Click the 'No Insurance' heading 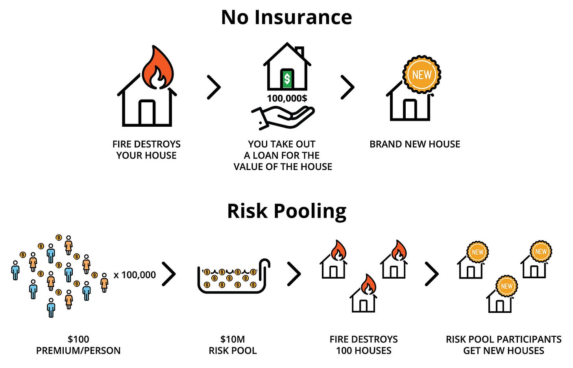286,18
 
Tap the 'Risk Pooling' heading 286,211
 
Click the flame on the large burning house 157,69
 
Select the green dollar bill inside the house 287,78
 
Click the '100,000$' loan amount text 287,98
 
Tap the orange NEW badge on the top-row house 421,74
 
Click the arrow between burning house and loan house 214,87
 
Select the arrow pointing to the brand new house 348,87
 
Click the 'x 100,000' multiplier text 135,275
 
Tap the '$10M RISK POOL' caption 233,345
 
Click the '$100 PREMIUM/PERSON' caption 78,345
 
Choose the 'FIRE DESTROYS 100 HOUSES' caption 364,345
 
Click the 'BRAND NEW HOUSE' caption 415,144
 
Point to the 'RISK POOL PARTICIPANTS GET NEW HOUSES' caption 503,345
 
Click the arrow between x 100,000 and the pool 169,274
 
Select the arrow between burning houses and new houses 432,274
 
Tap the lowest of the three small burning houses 364,295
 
